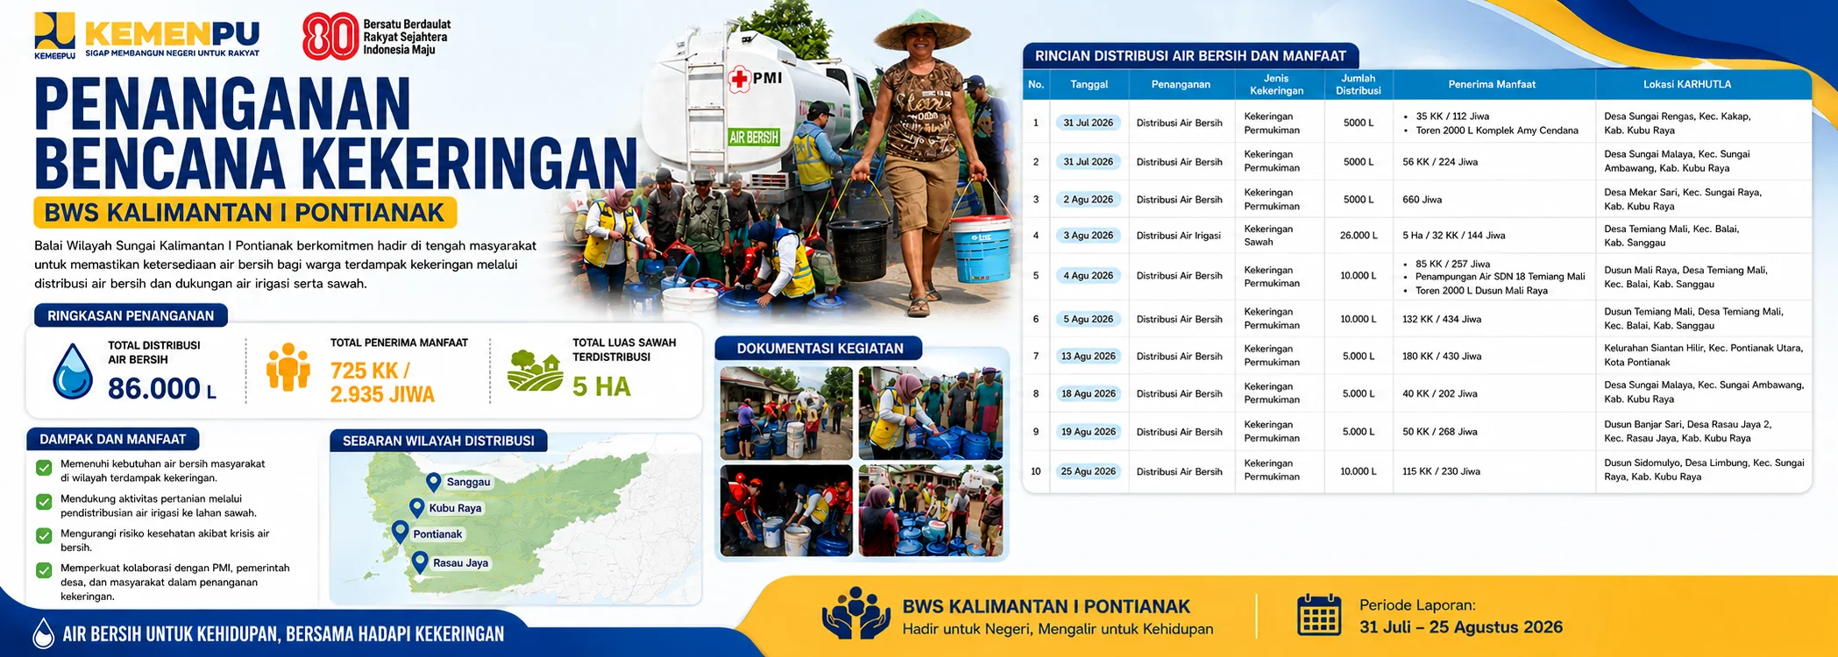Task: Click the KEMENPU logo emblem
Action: [54, 32]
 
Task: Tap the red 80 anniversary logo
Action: [330, 37]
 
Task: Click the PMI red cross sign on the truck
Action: [739, 79]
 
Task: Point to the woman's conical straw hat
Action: [922, 30]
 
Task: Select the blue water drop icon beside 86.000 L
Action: [73, 371]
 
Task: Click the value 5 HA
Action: [601, 386]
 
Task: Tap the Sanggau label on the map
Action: [468, 482]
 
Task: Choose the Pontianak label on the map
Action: [437, 534]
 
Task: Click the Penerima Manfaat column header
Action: [1492, 84]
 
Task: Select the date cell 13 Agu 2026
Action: [1088, 357]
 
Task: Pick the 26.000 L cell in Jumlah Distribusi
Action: [1359, 236]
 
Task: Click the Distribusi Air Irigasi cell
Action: [1178, 236]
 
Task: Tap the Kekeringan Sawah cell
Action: [1268, 236]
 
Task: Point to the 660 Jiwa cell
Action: [1422, 200]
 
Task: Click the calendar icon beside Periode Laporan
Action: [1319, 614]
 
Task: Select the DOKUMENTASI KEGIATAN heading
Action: [820, 349]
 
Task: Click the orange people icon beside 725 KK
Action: [288, 367]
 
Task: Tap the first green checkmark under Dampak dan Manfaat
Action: [44, 468]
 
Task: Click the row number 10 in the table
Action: [1036, 471]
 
